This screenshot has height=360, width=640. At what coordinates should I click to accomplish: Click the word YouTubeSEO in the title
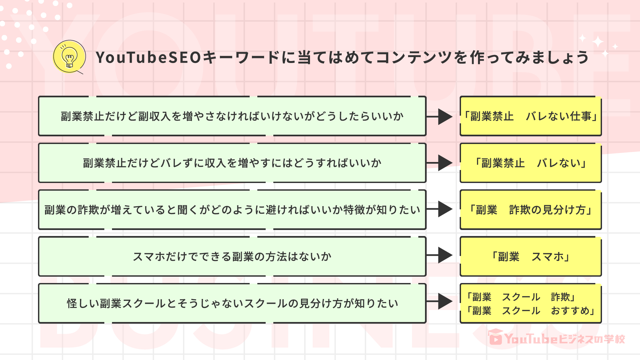pos(148,57)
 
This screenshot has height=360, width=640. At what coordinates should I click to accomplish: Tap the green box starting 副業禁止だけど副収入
pos(232,116)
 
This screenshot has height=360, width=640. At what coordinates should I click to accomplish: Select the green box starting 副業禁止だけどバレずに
pos(232,163)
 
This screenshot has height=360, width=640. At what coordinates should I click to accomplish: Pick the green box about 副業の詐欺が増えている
pos(232,210)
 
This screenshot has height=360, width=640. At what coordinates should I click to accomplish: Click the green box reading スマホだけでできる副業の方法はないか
pos(232,256)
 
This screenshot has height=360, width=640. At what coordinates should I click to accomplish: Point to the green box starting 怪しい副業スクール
pos(232,303)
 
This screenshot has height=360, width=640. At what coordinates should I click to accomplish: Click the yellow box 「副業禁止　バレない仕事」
pos(531,116)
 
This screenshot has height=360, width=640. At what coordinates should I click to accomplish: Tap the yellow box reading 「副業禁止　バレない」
pos(531,163)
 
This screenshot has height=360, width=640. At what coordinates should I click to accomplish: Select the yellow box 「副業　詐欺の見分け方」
pos(531,210)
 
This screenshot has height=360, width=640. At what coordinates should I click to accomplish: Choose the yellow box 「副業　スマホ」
pos(531,256)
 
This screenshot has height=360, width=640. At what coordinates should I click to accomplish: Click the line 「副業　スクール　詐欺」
pos(521,297)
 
